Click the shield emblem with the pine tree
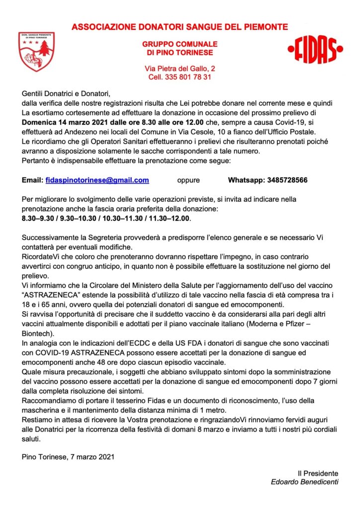click(36, 52)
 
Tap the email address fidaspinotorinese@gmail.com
click(97, 180)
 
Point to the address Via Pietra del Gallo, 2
click(180, 68)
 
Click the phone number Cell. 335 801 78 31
click(180, 77)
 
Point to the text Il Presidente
click(318, 473)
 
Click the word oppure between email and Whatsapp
click(188, 180)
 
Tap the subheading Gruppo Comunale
click(180, 44)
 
